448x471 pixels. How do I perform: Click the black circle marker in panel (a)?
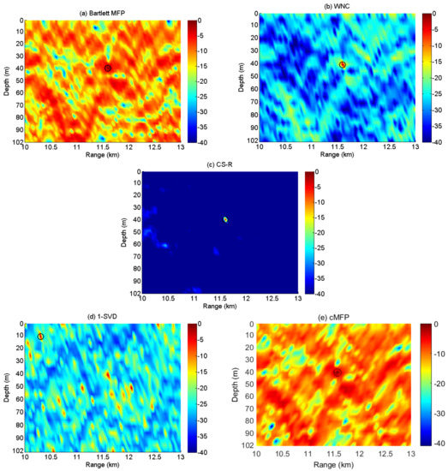108,68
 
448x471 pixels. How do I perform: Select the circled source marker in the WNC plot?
343,64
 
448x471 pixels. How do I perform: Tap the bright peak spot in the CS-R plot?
225,219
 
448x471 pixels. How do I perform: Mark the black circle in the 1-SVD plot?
40,337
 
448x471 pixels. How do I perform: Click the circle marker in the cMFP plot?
337,373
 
